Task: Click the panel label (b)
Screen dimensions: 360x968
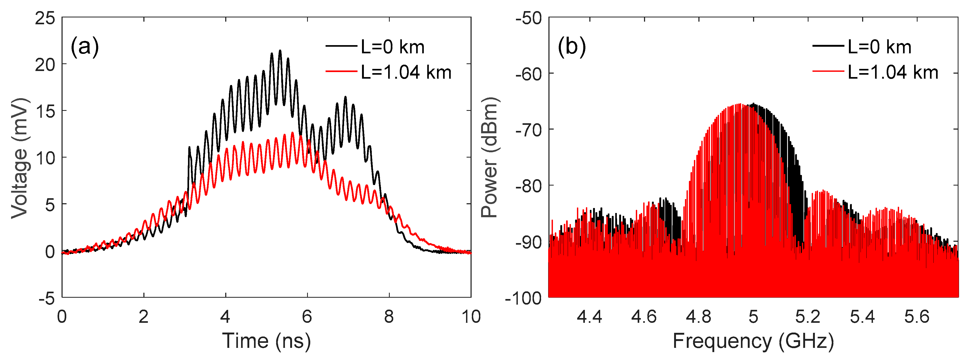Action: point(572,47)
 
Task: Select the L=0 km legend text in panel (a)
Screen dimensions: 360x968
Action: point(392,47)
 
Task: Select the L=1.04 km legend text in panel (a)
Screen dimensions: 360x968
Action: point(406,72)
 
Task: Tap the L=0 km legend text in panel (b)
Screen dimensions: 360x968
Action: point(879,47)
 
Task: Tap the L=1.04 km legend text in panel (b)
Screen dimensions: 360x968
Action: point(893,72)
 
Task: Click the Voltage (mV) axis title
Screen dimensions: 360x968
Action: point(20,158)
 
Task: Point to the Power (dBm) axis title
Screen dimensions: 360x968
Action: point(490,157)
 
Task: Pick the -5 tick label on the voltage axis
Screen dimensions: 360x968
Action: point(46,299)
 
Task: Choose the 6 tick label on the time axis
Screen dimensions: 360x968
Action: point(307,317)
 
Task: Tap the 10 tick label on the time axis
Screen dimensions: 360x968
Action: point(471,317)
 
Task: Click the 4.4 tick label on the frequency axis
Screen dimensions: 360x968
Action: point(589,317)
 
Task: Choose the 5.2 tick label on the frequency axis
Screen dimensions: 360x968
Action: point(807,317)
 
